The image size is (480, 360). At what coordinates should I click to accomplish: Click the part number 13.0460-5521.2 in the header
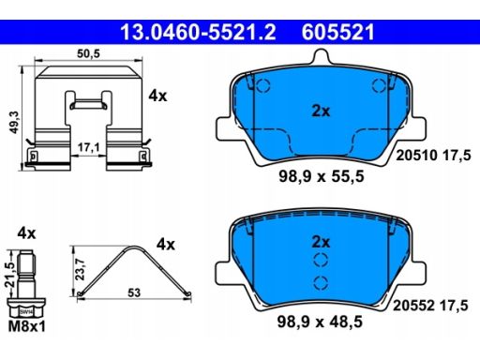[x=198, y=32]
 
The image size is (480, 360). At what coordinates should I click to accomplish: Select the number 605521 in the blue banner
[x=337, y=32]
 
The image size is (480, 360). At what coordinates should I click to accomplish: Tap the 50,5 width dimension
[x=88, y=53]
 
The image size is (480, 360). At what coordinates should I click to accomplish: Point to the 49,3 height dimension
[x=15, y=122]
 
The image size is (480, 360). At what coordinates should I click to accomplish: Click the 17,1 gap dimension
[x=89, y=147]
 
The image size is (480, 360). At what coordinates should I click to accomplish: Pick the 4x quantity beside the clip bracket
[x=157, y=96]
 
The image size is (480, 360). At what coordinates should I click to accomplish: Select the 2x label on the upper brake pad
[x=321, y=111]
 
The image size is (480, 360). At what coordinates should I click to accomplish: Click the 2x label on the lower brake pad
[x=321, y=242]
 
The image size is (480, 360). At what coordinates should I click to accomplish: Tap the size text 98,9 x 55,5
[x=322, y=176]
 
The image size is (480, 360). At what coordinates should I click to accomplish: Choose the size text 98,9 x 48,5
[x=320, y=322]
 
